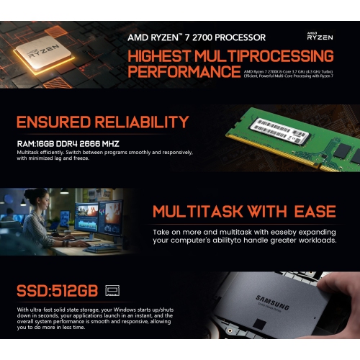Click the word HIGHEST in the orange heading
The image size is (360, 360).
point(160,56)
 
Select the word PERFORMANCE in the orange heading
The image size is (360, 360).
point(184,73)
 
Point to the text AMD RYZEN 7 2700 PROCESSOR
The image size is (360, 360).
point(197,37)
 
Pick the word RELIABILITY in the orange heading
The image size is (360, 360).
point(144,122)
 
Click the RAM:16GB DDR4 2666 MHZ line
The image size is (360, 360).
point(68,144)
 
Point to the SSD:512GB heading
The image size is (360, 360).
point(58,292)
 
